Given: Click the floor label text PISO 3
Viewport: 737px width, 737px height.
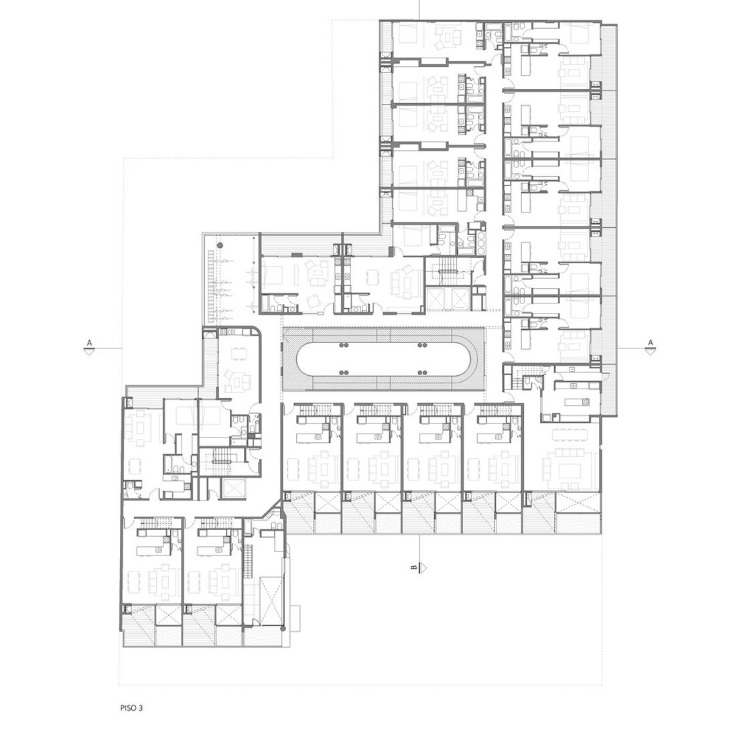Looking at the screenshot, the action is pyautogui.click(x=131, y=707).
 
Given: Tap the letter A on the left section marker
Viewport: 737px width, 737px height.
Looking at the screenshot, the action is pyautogui.click(x=89, y=342).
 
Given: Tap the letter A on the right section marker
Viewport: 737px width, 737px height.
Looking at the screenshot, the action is pyautogui.click(x=651, y=342).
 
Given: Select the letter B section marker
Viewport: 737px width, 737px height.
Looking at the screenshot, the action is pyautogui.click(x=413, y=567).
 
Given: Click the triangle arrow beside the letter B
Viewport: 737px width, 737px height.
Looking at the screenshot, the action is pyautogui.click(x=423, y=567).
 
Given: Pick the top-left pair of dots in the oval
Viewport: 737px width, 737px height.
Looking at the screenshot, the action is pyautogui.click(x=344, y=346).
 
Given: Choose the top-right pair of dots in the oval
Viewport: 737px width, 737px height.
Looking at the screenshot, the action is pyautogui.click(x=421, y=346).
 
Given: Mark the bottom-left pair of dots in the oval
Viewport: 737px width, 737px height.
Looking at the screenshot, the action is pyautogui.click(x=344, y=373).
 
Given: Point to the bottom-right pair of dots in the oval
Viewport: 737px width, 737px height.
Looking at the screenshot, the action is pyautogui.click(x=421, y=373).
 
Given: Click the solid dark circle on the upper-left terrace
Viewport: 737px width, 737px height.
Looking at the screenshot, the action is pyautogui.click(x=219, y=245).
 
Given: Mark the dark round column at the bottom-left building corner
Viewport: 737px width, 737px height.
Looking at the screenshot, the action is pyautogui.click(x=283, y=628).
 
